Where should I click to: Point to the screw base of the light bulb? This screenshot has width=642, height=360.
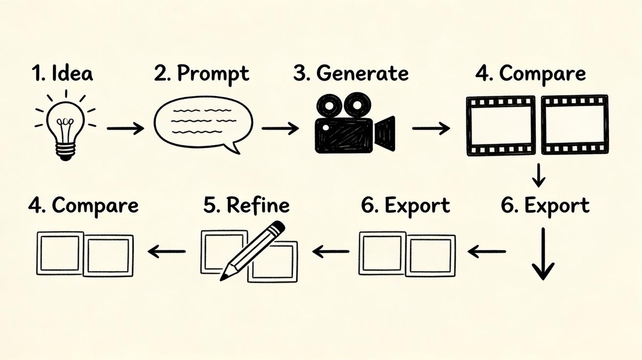65,150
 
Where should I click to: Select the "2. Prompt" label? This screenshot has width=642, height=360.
201,74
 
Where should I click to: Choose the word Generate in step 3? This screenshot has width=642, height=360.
363,73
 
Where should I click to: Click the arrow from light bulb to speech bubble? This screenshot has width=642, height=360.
125,129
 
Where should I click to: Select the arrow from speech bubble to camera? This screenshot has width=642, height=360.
280,129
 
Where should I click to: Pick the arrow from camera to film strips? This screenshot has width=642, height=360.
431,129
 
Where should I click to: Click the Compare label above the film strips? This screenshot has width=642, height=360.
542,74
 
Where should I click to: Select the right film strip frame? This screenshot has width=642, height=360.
574,125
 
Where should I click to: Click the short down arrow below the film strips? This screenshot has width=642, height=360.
538,175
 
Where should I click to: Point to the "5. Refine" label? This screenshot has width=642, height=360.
246,205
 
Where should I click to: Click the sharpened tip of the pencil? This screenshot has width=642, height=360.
224,277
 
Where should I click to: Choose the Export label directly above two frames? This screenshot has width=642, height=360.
406,205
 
